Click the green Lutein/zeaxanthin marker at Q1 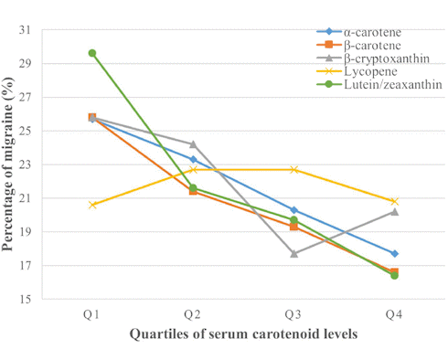click(92, 53)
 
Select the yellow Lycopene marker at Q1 click(92, 205)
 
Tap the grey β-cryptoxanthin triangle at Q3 click(293, 253)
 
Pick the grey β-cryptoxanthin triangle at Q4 click(394, 211)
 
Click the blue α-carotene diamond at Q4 click(394, 253)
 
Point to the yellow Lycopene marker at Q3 click(293, 169)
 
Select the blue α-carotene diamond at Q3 click(293, 210)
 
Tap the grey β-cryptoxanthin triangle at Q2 click(193, 143)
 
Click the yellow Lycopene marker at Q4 click(394, 201)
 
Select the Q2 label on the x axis click(193, 313)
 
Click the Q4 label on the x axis click(394, 313)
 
